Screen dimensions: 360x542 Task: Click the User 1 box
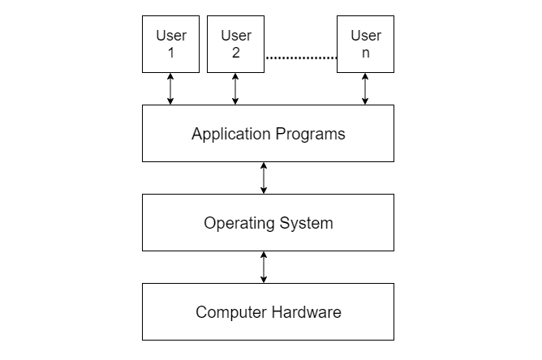point(170,44)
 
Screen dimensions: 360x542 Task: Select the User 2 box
point(235,44)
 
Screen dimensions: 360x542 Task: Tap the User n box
point(365,44)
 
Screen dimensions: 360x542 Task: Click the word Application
point(230,134)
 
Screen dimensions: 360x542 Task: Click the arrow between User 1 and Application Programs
point(170,88)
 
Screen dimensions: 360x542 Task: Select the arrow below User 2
point(235,88)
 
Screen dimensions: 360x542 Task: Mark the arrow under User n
point(365,88)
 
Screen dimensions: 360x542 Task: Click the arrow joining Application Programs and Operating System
point(264,178)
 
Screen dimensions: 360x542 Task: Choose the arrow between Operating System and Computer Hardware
point(264,267)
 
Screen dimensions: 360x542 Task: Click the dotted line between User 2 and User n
point(300,58)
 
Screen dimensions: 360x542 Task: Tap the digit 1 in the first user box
point(170,53)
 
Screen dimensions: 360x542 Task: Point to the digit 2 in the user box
point(235,53)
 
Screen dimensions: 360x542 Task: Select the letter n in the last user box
point(365,53)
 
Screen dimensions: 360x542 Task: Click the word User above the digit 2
point(235,36)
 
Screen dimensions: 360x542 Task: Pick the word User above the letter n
point(365,36)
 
